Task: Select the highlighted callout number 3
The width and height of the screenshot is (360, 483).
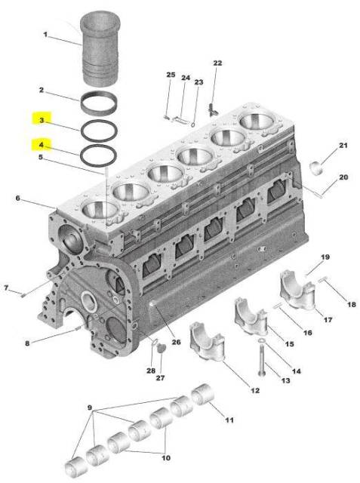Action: coord(42,120)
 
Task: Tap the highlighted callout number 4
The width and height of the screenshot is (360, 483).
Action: coord(42,144)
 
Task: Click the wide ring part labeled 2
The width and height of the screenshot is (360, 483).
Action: coord(99,103)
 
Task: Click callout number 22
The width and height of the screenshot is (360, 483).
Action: coord(217,63)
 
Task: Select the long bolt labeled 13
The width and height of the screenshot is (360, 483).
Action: coord(262,360)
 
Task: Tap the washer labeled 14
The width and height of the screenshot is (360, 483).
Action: coord(262,340)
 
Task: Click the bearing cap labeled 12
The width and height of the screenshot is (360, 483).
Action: coord(207,341)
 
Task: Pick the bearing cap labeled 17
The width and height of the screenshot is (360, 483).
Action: coord(297,289)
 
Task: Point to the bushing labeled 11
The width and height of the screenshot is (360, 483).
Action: coord(202,393)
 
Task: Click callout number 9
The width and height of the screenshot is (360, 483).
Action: coord(90,408)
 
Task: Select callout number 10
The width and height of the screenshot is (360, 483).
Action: coord(166,458)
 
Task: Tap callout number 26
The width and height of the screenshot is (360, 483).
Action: coord(176,342)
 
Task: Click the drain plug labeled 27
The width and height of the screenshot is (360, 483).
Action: coord(159,348)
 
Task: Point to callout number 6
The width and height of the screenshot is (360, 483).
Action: coord(18,198)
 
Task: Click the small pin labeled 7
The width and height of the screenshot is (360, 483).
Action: coord(23,295)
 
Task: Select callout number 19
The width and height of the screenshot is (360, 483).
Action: coord(325,257)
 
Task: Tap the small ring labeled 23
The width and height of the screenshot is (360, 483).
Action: coord(192,125)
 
